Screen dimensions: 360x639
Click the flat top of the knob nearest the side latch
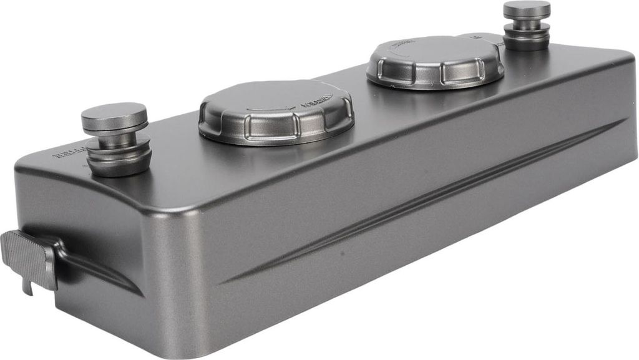(114, 116)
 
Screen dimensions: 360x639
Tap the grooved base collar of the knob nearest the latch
(119, 161)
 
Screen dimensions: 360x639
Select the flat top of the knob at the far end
(527, 9)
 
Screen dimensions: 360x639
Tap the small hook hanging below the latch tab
(27, 286)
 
